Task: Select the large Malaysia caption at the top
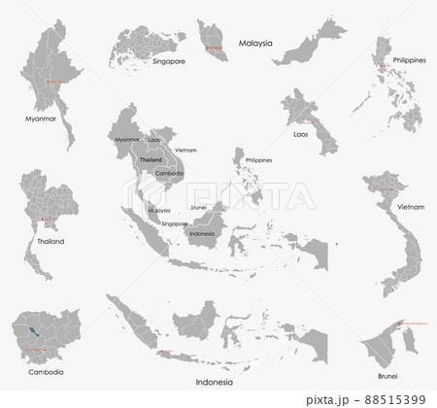pyautogui.click(x=256, y=44)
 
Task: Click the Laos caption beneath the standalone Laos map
pyautogui.click(x=301, y=134)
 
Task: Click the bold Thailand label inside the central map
pyautogui.click(x=151, y=158)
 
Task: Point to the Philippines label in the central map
pyautogui.click(x=259, y=159)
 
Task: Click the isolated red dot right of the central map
pyautogui.click(x=334, y=243)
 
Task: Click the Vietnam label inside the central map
pyautogui.click(x=186, y=150)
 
